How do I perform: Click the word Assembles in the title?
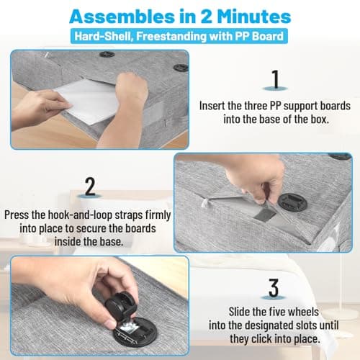[x=122, y=17]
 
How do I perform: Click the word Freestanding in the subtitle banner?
[x=171, y=36]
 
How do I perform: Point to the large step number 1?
[x=275, y=79]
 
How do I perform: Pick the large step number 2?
[x=90, y=186]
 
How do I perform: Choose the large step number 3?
[x=274, y=288]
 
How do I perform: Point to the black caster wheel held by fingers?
[x=121, y=305]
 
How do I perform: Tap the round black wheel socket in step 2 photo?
[x=292, y=202]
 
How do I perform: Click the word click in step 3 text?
[x=261, y=339]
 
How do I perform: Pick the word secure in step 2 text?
[x=91, y=228]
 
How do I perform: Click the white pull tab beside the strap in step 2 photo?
[x=204, y=203]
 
